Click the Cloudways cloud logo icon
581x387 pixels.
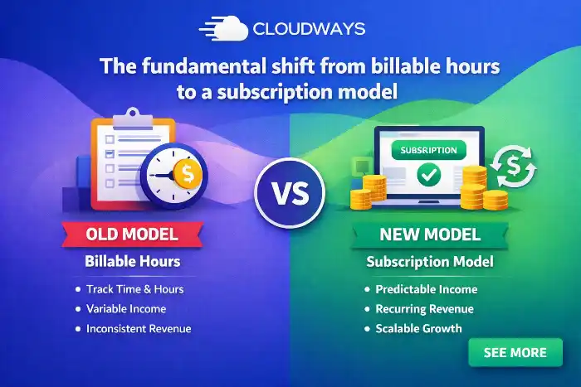(x=224, y=28)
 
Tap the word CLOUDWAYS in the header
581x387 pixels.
(x=309, y=29)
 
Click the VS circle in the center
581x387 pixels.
(x=290, y=193)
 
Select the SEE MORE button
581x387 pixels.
(x=515, y=352)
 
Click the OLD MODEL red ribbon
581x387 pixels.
(x=132, y=235)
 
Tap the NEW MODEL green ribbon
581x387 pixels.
(x=430, y=235)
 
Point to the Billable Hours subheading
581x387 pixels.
(x=133, y=261)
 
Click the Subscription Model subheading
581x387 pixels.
(x=430, y=262)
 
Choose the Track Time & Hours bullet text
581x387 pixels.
(x=134, y=289)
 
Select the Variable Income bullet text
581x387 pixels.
(x=126, y=308)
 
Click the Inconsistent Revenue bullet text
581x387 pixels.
(x=139, y=328)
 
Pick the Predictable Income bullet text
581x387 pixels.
(x=427, y=289)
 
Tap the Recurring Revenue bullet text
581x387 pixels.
(x=425, y=308)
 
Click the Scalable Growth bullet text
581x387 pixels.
(x=418, y=328)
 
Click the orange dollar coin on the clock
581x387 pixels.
(x=188, y=173)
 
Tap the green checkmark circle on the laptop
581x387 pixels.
(x=429, y=175)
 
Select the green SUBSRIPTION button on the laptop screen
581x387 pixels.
(x=429, y=150)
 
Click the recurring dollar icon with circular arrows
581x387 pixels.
(x=514, y=166)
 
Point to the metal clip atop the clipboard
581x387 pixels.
(x=133, y=119)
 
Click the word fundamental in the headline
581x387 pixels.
(x=203, y=66)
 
